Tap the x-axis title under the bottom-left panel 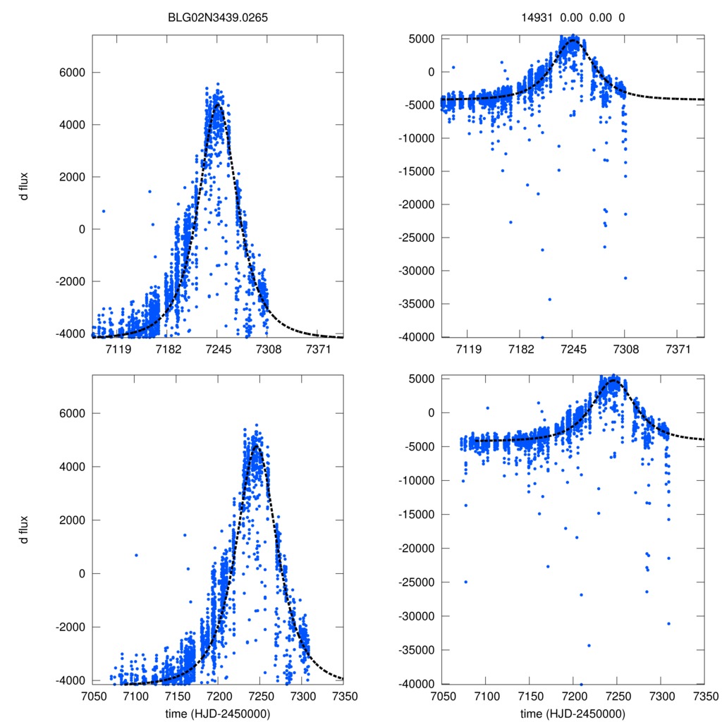218,714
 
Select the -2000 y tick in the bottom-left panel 71,627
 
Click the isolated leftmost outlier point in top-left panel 104,211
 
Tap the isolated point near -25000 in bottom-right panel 465,582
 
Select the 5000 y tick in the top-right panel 423,39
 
